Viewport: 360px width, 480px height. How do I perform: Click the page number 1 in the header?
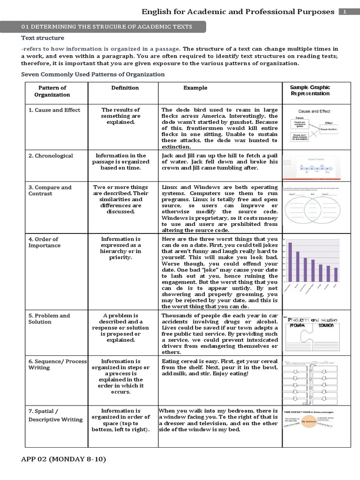[345, 12]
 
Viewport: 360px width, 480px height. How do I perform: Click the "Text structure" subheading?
[43, 38]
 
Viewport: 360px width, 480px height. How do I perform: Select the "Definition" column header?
[125, 88]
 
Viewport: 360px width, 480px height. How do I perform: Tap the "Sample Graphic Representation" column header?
[310, 90]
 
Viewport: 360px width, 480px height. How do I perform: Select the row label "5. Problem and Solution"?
[49, 319]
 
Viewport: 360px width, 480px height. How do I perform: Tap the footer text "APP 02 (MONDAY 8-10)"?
[64, 458]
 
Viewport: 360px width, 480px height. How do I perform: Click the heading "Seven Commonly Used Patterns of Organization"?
[93, 75]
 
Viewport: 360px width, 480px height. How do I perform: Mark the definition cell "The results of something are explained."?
[120, 116]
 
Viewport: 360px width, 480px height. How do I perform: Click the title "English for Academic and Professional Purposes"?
[238, 12]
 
